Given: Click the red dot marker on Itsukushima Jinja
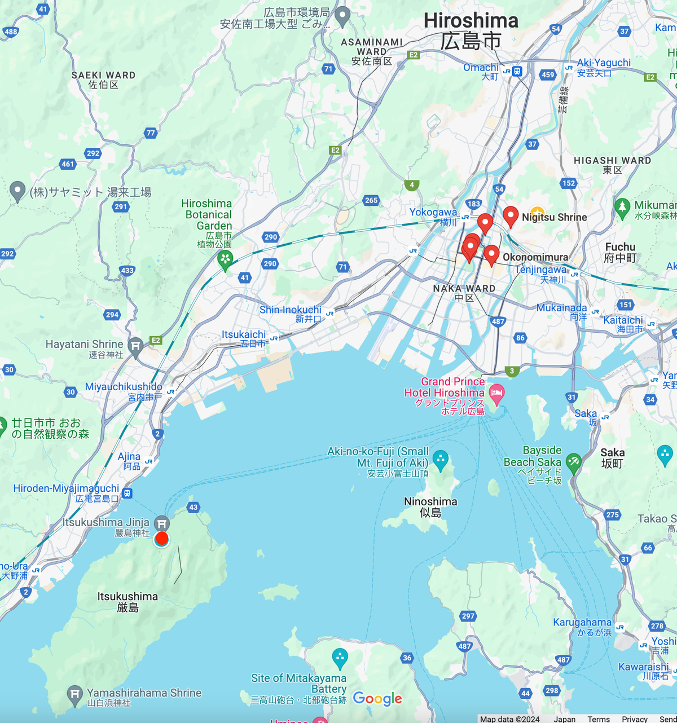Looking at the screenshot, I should tap(161, 539).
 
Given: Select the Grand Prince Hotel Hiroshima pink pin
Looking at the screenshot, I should tap(496, 394).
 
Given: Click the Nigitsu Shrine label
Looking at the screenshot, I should tap(554, 217).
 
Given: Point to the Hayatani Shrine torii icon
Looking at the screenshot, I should tap(135, 346).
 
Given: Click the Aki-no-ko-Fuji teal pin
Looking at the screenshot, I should tap(441, 459).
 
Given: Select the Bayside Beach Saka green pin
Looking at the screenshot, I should tap(573, 462).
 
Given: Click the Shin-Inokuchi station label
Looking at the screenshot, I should tap(290, 310).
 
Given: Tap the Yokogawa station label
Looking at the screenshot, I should tap(433, 213).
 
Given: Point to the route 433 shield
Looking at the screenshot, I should tap(128, 270).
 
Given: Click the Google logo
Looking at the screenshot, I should tap(377, 699).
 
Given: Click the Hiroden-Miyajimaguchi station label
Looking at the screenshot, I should tap(66, 488).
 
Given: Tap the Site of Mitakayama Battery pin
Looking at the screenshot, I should tap(340, 656).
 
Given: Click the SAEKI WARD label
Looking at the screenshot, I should tap(103, 76).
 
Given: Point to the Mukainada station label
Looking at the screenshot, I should tap(561, 308).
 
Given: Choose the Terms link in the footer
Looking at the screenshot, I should tap(598, 719).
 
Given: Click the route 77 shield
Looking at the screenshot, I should tap(150, 133).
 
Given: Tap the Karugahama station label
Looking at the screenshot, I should tap(582, 623).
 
